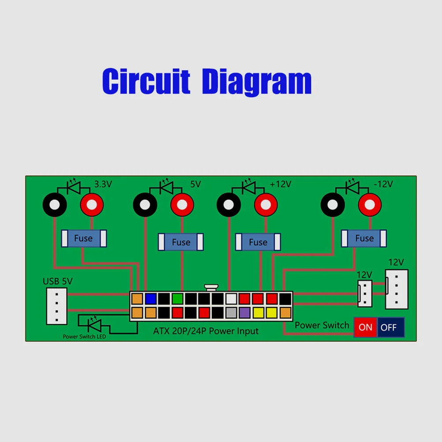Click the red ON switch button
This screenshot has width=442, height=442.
click(365, 327)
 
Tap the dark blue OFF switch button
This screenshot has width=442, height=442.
click(391, 327)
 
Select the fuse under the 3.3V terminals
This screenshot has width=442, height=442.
click(84, 239)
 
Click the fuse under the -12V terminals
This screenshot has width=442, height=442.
click(363, 239)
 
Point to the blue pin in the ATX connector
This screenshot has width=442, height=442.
click(150, 299)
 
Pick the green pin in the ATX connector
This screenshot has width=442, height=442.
click(178, 299)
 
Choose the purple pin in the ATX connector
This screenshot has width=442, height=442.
click(244, 313)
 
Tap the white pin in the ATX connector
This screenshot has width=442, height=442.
click(231, 299)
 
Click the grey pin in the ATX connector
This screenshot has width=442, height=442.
click(231, 313)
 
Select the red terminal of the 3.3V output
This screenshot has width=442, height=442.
click(92, 205)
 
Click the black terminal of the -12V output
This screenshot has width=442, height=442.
click(333, 205)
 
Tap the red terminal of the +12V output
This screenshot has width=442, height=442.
click(266, 205)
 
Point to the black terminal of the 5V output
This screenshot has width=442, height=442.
click(145, 205)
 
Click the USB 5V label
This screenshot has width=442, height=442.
click(57, 281)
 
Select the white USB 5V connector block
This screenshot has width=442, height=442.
click(56, 306)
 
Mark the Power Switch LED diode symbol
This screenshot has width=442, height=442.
click(94, 324)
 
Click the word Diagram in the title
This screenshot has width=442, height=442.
click(257, 82)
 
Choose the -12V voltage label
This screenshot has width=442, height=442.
click(383, 184)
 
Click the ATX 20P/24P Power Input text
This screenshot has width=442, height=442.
click(206, 331)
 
